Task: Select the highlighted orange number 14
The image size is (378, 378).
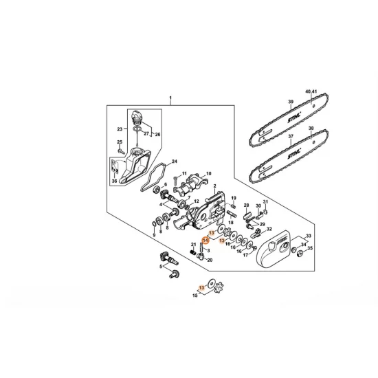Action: pyautogui.click(x=205, y=241)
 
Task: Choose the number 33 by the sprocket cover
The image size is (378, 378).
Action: pyautogui.click(x=308, y=236)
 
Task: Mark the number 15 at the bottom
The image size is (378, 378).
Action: pyautogui.click(x=195, y=295)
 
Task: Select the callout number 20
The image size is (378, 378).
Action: pyautogui.click(x=210, y=260)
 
